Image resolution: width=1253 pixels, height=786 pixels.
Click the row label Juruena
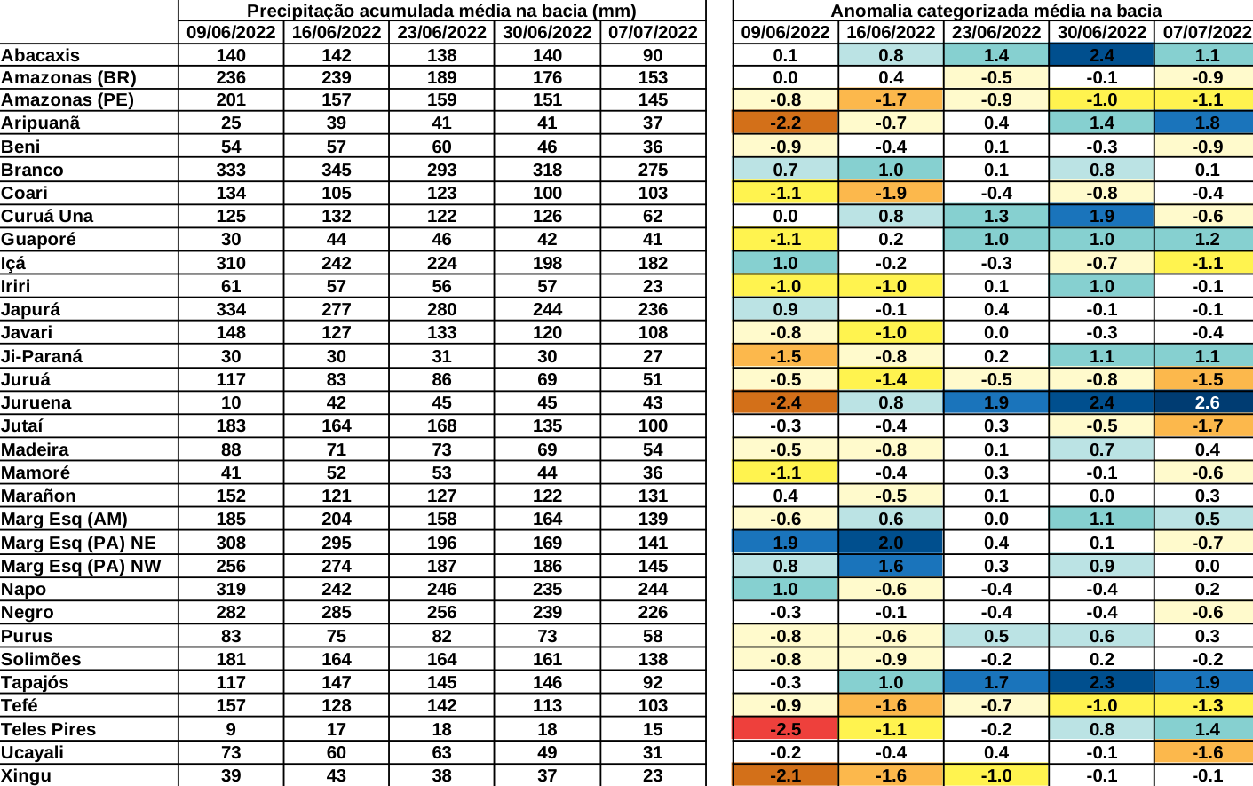pyautogui.click(x=36, y=402)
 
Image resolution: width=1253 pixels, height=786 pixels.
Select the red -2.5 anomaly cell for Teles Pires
pyautogui.click(x=785, y=729)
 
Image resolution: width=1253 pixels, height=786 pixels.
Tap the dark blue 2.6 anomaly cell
pyautogui.click(x=1207, y=402)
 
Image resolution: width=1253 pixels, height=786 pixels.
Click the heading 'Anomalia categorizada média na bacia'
pyautogui.click(x=995, y=11)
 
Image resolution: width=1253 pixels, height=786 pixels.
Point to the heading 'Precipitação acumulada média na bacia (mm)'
pyautogui.click(x=441, y=11)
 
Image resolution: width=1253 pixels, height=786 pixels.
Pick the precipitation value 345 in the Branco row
pyautogui.click(x=337, y=170)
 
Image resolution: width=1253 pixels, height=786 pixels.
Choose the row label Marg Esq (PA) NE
pyautogui.click(x=78, y=543)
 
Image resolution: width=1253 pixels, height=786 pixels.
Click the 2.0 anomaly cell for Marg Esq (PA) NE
pyautogui.click(x=891, y=543)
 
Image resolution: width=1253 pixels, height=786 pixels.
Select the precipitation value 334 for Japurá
pyautogui.click(x=231, y=309)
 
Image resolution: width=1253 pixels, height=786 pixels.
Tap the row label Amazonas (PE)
pyautogui.click(x=67, y=99)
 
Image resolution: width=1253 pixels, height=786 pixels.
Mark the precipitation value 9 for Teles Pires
pyautogui.click(x=231, y=729)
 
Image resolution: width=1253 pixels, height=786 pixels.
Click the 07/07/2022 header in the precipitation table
pyautogui.click(x=653, y=33)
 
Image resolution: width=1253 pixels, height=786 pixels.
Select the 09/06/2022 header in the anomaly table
pyautogui.click(x=785, y=33)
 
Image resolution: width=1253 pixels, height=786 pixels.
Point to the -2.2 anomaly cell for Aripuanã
pyautogui.click(x=785, y=123)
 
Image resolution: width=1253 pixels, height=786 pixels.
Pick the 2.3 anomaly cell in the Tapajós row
pyautogui.click(x=1101, y=682)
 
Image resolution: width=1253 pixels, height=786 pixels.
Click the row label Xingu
pyautogui.click(x=27, y=775)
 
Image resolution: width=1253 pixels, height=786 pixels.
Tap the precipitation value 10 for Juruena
pyautogui.click(x=231, y=402)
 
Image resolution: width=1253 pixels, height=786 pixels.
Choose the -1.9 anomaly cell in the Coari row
pyautogui.click(x=891, y=193)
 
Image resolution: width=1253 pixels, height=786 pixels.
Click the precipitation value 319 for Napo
pyautogui.click(x=231, y=589)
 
